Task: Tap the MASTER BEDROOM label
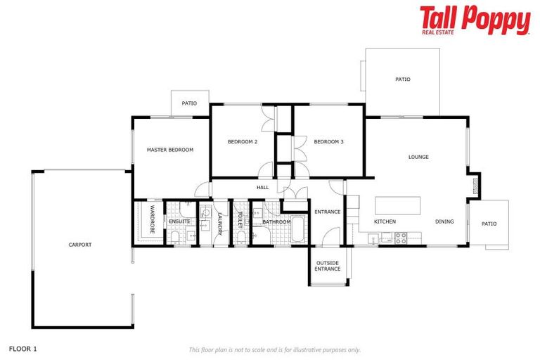[x=169, y=150]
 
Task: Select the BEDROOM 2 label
[x=243, y=142]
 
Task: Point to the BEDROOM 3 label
[x=328, y=142]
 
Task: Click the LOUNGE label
[x=418, y=157]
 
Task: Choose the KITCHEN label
[x=385, y=221]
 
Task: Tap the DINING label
[x=444, y=221]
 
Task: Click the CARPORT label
[x=79, y=245]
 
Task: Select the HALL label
[x=263, y=188]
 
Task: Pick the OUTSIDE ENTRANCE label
[x=328, y=266]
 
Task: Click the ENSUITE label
[x=179, y=221]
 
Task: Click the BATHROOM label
[x=276, y=222]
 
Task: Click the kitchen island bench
[x=398, y=205]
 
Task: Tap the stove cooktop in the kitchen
[x=401, y=238]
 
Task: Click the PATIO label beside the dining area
[x=489, y=224]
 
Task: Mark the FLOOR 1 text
[x=22, y=348]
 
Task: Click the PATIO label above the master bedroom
[x=189, y=103]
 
